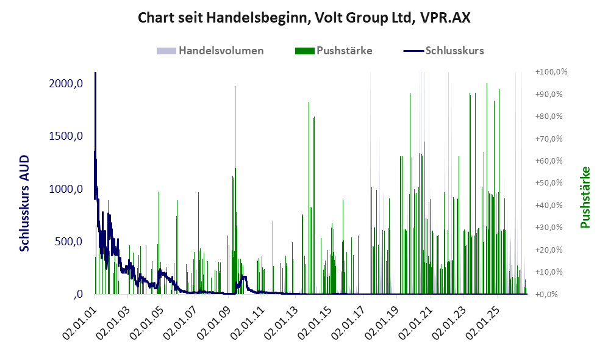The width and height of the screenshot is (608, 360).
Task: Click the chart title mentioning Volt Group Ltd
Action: click(304, 18)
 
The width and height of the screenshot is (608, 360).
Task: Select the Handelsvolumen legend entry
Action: click(210, 51)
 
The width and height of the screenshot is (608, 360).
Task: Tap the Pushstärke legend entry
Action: click(334, 51)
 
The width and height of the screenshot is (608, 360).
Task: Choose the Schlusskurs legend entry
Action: click(443, 51)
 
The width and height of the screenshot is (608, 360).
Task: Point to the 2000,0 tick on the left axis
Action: click(66, 84)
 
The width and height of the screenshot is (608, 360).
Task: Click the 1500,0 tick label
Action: click(66, 136)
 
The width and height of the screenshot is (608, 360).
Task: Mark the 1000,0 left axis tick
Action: click(66, 189)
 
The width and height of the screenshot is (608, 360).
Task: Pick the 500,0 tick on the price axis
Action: click(69, 242)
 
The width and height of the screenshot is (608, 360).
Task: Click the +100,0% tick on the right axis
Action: click(551, 72)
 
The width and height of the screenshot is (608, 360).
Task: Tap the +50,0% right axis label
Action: click(549, 182)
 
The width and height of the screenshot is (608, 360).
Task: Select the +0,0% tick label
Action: click(546, 294)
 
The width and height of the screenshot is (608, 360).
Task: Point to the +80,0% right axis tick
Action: click(549, 117)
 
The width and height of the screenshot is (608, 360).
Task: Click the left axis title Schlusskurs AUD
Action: click(24, 203)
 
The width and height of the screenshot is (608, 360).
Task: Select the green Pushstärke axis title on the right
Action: click(585, 198)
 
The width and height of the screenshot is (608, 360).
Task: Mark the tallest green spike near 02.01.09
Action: click(235, 190)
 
